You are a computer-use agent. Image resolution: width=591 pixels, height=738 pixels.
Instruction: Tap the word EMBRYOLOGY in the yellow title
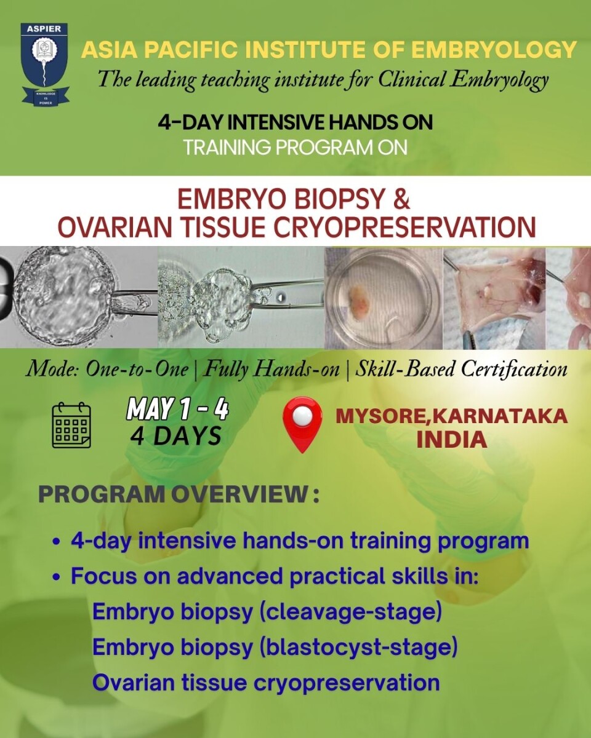[x=494, y=49]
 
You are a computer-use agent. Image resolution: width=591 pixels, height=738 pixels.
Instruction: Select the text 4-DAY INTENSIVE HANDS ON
[x=295, y=122]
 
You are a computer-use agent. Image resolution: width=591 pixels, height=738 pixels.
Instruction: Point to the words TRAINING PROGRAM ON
[x=295, y=148]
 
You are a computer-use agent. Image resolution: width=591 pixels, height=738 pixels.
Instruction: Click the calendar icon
[x=71, y=424]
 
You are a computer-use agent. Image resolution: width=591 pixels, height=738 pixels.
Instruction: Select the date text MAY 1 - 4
[x=177, y=409]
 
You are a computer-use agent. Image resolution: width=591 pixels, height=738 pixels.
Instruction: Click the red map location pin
[x=302, y=424]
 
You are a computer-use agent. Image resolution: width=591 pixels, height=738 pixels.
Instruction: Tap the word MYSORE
[x=381, y=416]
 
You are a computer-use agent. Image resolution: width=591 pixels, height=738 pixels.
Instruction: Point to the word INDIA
[x=452, y=440]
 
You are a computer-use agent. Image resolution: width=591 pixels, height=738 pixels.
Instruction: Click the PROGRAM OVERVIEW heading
[x=179, y=495]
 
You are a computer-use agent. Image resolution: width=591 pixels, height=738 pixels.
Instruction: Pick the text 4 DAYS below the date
[x=176, y=436]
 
